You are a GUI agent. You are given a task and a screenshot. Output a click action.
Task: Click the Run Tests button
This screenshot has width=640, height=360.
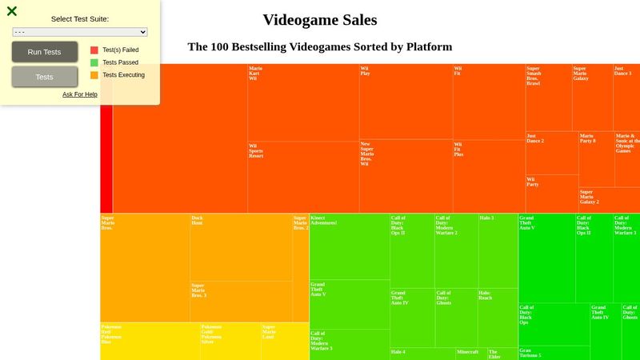tap(44, 52)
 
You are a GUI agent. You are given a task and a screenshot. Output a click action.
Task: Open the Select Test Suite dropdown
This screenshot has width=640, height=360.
tap(80, 32)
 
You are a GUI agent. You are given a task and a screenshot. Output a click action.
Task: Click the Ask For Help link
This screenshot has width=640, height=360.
tap(80, 94)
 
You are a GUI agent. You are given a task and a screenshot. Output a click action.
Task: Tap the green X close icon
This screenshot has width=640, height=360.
tap(12, 11)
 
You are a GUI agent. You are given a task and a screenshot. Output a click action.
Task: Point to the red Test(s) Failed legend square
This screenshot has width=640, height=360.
tap(94, 50)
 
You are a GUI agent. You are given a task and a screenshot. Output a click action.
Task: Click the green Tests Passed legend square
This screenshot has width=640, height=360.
tap(94, 62)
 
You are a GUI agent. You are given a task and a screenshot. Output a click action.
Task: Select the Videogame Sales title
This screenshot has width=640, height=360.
tap(319, 20)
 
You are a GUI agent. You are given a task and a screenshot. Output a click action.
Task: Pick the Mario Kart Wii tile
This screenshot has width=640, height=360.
tap(302, 102)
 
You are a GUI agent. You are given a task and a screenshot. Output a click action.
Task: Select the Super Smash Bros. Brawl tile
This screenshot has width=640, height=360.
tap(548, 98)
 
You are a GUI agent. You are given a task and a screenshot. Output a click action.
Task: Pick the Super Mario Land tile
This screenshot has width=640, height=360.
tap(284, 341)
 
